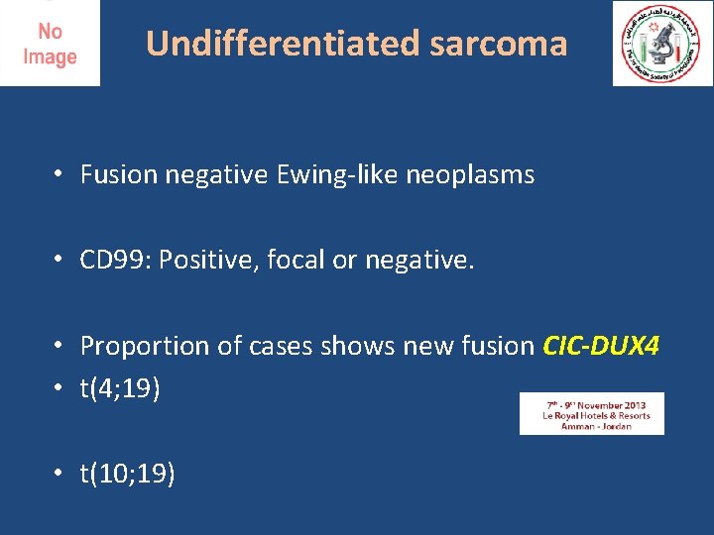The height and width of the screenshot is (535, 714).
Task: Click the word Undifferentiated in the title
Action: tap(284, 44)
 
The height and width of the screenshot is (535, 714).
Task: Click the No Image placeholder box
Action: tap(50, 44)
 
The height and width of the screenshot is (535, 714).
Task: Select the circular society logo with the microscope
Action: tap(661, 44)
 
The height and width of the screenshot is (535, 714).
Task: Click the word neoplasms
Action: tap(468, 175)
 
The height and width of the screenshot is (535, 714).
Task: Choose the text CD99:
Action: tap(115, 260)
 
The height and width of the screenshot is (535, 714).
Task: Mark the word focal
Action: tap(299, 260)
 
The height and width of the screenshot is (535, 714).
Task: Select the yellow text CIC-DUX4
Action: tap(602, 346)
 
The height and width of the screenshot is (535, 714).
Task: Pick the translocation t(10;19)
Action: tap(128, 475)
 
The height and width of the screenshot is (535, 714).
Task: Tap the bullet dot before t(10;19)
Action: tap(59, 475)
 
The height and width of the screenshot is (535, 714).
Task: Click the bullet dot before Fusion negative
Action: tap(59, 175)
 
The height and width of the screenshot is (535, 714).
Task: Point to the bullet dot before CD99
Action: tap(59, 260)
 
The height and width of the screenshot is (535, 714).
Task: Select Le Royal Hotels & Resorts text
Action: tap(592, 415)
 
